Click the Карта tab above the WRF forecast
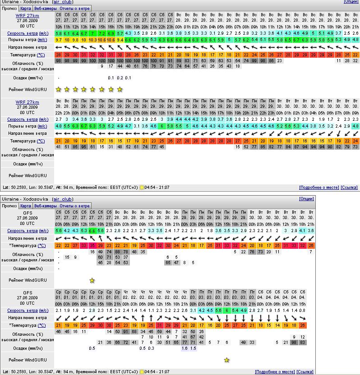(26, 8)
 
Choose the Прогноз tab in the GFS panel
(9, 206)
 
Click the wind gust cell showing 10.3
(93, 40)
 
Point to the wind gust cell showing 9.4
(120, 40)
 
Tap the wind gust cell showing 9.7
(59, 40)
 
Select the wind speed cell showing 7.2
(102, 33)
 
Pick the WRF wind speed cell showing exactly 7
(93, 33)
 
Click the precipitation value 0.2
(120, 78)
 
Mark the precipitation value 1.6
(185, 348)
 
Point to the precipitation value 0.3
(151, 348)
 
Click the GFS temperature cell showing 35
(92, 246)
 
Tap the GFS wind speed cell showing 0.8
(302, 311)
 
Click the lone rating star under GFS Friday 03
(226, 360)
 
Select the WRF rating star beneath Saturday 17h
(120, 89)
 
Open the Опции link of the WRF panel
(351, 2)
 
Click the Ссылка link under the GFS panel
(305, 372)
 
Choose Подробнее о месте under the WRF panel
(318, 187)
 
